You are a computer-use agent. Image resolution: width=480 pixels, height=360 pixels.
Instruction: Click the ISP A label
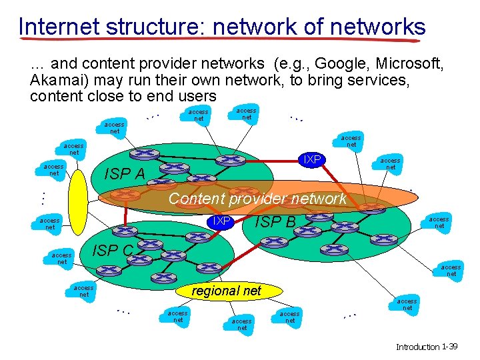(126, 175)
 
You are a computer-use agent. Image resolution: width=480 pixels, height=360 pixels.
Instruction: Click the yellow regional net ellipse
(227, 291)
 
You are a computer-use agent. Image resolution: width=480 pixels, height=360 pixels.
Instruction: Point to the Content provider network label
(257, 199)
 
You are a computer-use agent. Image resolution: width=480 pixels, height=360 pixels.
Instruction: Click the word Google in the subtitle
(343, 64)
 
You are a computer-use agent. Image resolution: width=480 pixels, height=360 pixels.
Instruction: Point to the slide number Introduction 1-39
(427, 347)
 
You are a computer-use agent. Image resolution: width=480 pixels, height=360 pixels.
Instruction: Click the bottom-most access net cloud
(242, 325)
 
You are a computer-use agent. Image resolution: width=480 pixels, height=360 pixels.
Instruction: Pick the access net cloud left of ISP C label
(62, 259)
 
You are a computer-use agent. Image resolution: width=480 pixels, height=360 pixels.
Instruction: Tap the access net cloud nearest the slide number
(407, 305)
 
